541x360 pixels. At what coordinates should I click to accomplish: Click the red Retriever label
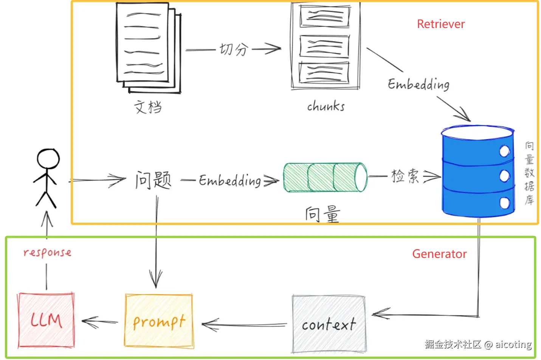tap(441, 24)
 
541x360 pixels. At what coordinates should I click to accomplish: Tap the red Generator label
tap(439, 254)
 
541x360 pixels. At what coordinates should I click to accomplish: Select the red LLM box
tap(46, 320)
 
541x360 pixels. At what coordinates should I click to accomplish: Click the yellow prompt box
tap(159, 321)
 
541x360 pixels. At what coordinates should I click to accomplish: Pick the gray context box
tap(329, 324)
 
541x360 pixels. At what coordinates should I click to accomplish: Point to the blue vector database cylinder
tap(478, 171)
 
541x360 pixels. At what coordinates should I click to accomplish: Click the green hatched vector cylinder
tap(326, 178)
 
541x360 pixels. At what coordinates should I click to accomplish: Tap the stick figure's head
tap(48, 158)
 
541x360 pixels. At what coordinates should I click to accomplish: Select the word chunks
tap(326, 106)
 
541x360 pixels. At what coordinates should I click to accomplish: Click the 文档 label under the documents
tap(148, 107)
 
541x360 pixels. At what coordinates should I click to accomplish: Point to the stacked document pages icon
tap(149, 48)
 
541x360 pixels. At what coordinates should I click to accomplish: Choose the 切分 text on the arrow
tap(234, 49)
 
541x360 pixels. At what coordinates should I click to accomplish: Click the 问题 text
tap(153, 180)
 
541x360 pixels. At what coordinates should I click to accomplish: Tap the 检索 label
tap(405, 176)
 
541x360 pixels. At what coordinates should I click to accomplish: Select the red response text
tap(47, 253)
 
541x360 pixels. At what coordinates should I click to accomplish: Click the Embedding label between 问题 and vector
tap(230, 181)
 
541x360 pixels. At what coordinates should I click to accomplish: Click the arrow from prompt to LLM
tap(100, 322)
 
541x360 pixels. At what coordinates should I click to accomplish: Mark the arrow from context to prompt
tap(244, 325)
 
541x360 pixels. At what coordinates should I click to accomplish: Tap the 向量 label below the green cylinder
tap(322, 214)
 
